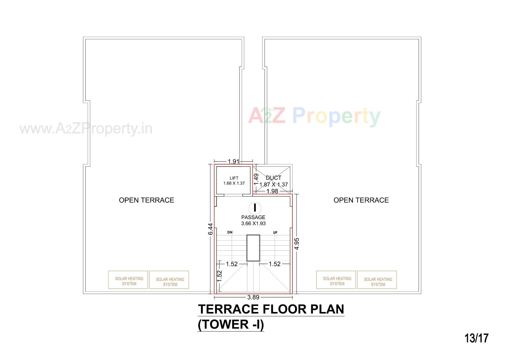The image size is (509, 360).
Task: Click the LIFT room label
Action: click(x=234, y=178)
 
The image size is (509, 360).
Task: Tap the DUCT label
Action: click(x=273, y=178)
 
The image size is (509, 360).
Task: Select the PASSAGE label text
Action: click(x=253, y=217)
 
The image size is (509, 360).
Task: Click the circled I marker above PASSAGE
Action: click(x=255, y=208)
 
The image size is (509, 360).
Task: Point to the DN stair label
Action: click(x=230, y=232)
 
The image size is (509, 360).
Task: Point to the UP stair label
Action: click(x=275, y=233)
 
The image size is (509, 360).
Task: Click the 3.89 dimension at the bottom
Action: click(x=253, y=297)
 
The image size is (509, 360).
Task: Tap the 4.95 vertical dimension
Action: click(x=297, y=244)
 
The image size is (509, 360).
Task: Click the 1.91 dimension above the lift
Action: click(x=234, y=161)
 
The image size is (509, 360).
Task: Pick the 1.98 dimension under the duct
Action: click(x=272, y=191)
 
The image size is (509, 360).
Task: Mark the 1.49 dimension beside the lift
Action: click(x=256, y=179)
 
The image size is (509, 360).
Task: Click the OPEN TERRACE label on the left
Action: click(x=146, y=200)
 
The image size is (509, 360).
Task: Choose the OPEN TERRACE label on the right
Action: click(x=361, y=200)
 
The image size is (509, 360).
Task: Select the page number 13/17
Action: click(x=476, y=338)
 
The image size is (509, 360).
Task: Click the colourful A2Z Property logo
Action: click(x=314, y=116)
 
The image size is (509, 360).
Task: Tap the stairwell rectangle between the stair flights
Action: click(x=253, y=248)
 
